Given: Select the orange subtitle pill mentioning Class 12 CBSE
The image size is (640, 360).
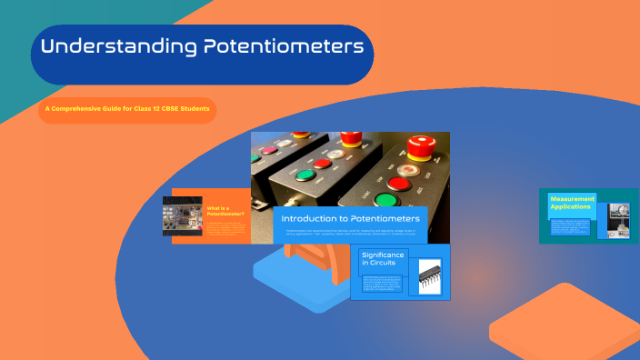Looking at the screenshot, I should click(126, 110).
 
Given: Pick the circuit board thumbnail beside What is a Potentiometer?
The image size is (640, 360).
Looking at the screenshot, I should click(182, 219).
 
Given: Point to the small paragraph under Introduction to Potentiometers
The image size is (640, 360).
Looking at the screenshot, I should click(349, 234).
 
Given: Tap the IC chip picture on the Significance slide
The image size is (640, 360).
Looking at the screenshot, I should click(429, 276).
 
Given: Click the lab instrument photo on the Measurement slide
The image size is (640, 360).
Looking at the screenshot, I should click(618, 221).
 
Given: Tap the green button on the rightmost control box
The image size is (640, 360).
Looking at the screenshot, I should click(387, 201).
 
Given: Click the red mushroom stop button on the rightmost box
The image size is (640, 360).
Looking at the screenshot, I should click(421, 145).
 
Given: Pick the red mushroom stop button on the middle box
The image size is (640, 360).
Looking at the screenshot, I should click(350, 137).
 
